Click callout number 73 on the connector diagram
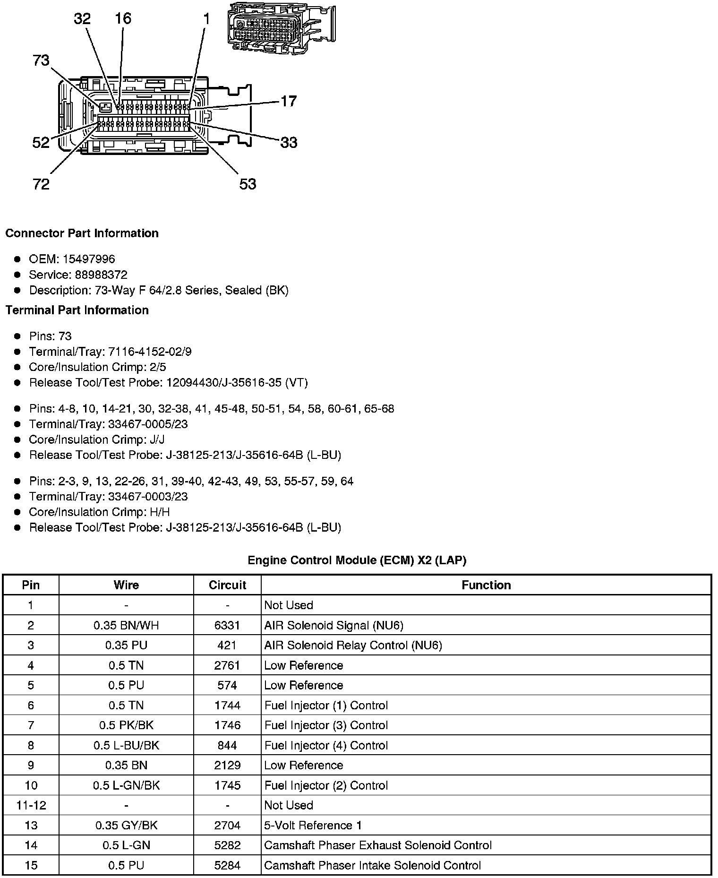(41, 60)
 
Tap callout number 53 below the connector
(248, 184)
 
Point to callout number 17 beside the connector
(289, 101)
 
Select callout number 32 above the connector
(82, 19)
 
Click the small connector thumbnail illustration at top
(281, 28)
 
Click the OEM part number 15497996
(89, 259)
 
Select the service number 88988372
(101, 275)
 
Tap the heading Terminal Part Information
(77, 310)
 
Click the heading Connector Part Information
(82, 233)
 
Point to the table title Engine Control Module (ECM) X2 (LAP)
(357, 560)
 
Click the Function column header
(486, 585)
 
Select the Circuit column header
(227, 585)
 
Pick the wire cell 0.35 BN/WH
(126, 626)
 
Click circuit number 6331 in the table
(227, 626)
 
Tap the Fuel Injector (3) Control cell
(326, 725)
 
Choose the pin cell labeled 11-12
(31, 805)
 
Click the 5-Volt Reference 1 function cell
(313, 826)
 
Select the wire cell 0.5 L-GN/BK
(126, 785)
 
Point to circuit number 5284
(227, 866)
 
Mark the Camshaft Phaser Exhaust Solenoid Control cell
(378, 845)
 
